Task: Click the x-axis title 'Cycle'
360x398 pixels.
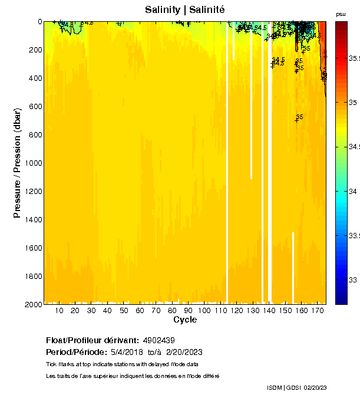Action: pyautogui.click(x=185, y=320)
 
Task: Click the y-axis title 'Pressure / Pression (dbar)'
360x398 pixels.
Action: pyautogui.click(x=17, y=163)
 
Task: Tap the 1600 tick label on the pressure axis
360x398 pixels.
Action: pyautogui.click(x=33, y=248)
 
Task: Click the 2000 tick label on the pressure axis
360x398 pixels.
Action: pyautogui.click(x=33, y=305)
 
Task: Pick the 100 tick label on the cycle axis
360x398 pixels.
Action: pyautogui.click(x=204, y=311)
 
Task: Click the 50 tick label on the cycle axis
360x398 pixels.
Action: pyautogui.click(x=123, y=311)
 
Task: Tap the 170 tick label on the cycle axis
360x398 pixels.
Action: pyautogui.click(x=318, y=311)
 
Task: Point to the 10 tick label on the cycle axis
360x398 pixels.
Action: pyautogui.click(x=59, y=311)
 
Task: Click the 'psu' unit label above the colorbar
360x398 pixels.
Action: pyautogui.click(x=341, y=14)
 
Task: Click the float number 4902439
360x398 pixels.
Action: pyautogui.click(x=158, y=340)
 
